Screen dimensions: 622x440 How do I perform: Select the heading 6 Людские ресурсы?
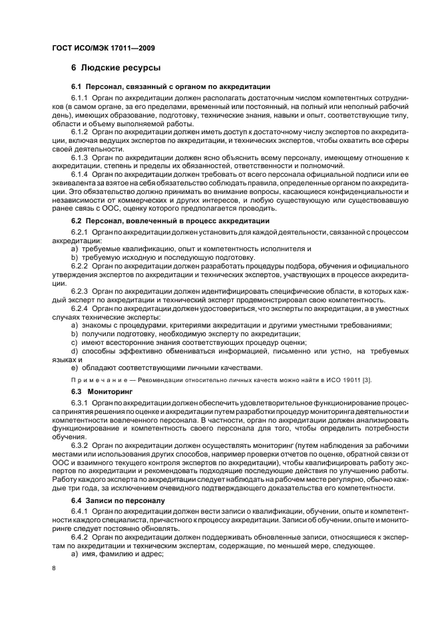[116, 68]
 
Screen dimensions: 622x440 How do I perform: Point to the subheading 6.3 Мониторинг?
[94, 392]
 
